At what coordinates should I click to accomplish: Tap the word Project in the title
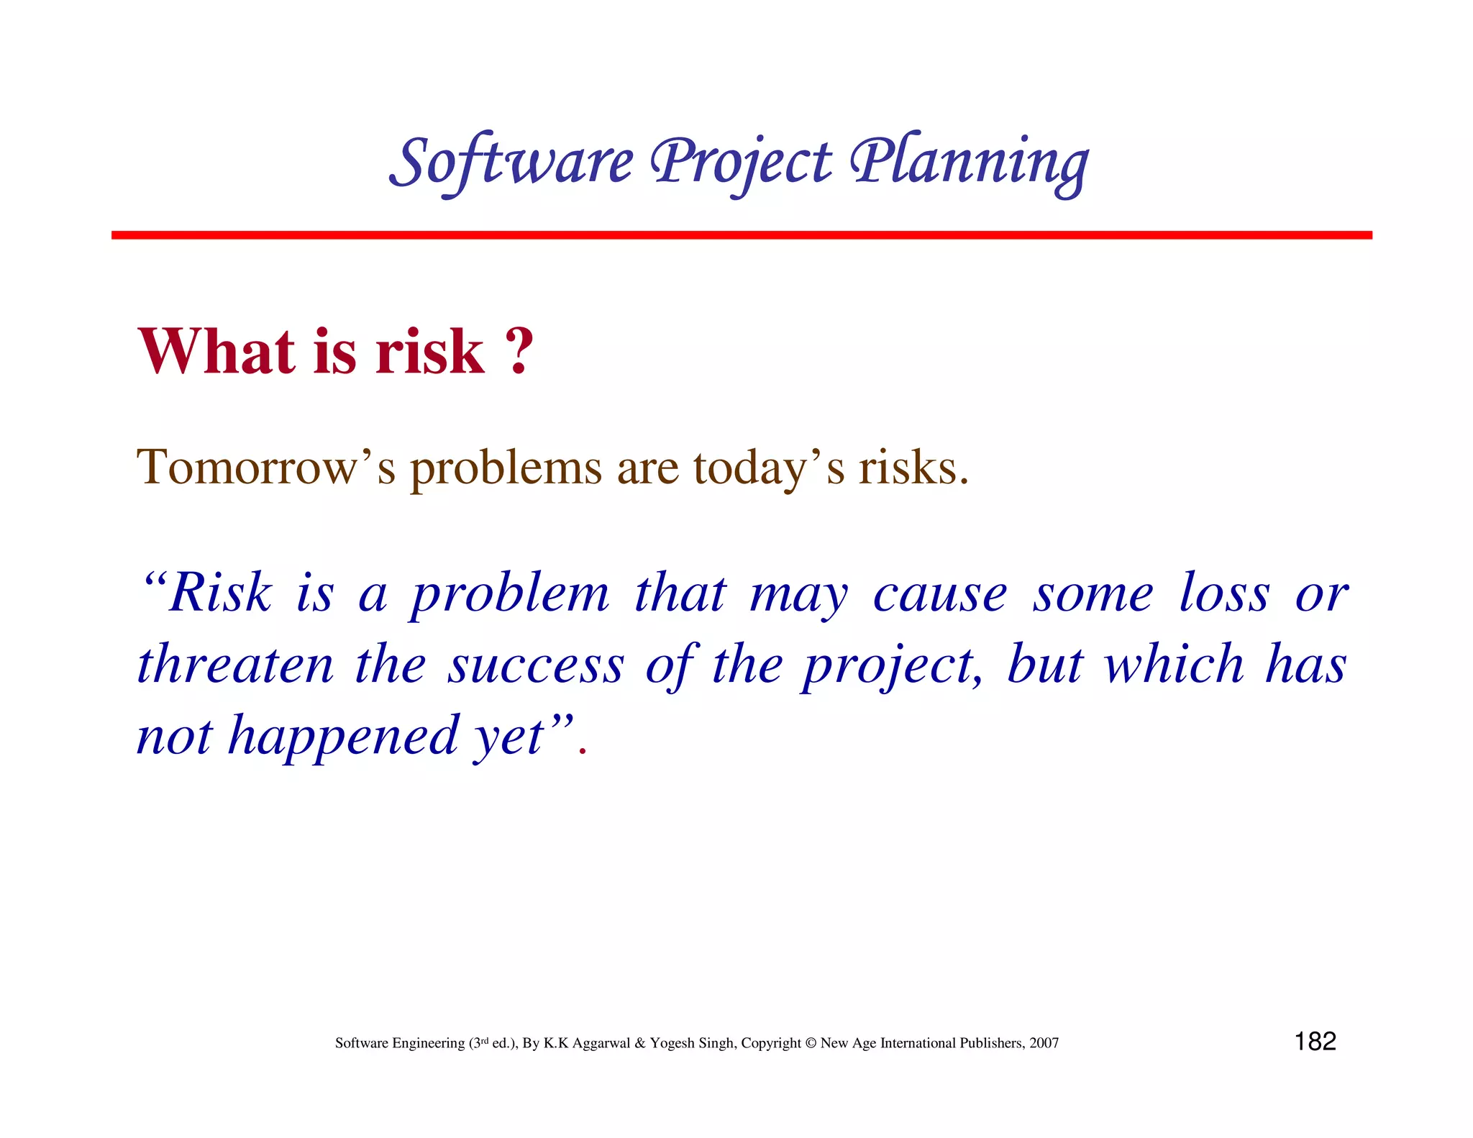[x=741, y=162]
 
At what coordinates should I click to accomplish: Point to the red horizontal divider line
[x=741, y=235]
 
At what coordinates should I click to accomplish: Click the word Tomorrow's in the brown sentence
[x=266, y=468]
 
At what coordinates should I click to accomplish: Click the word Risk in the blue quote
[x=220, y=593]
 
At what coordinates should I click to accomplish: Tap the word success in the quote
[x=536, y=666]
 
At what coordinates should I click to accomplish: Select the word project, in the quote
[x=892, y=666]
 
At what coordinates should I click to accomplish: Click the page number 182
[x=1315, y=1042]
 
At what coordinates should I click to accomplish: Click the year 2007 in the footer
[x=1044, y=1043]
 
